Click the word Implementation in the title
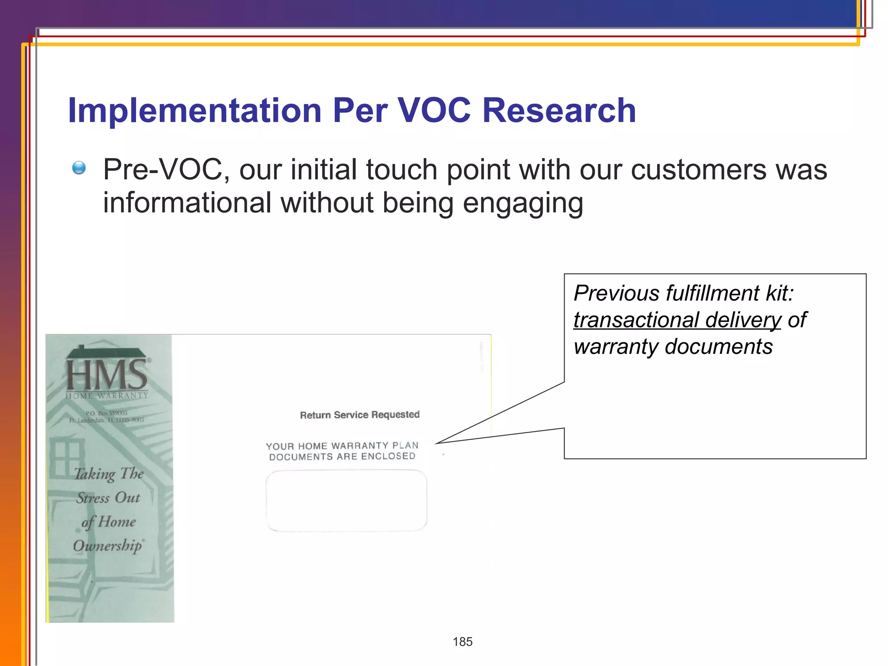(x=195, y=111)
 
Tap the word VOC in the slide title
(x=434, y=111)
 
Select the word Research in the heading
(x=559, y=111)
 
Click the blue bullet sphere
(x=79, y=167)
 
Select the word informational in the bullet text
(x=187, y=203)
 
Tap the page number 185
(x=462, y=642)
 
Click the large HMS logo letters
(x=107, y=375)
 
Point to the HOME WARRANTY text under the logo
(x=107, y=395)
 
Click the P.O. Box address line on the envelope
(x=107, y=413)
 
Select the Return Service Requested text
(x=359, y=415)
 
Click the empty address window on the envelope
(x=346, y=500)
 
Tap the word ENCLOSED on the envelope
(x=388, y=456)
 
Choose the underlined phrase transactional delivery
(x=677, y=320)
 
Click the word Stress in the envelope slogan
(x=93, y=498)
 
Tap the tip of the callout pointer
(x=436, y=443)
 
